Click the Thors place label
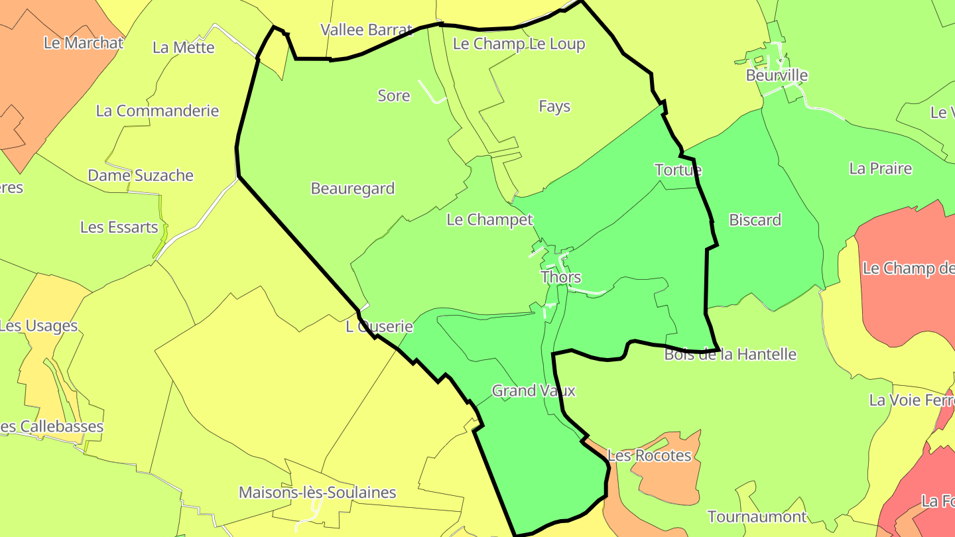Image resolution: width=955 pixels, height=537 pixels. coord(560,277)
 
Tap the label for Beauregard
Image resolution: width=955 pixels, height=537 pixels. coord(353,188)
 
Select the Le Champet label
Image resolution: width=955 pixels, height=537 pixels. coord(489,219)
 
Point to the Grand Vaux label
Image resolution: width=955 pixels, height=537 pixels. coord(533,390)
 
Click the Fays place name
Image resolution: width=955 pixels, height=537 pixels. coord(554,106)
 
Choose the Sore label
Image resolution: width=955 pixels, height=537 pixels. coord(394,95)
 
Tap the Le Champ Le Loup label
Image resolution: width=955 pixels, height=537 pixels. coord(519,44)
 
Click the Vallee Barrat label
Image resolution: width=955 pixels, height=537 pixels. coord(367,30)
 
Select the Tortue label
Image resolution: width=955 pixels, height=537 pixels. coord(678,170)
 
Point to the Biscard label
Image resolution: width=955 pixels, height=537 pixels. coord(755,219)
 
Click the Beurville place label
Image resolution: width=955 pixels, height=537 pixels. coord(777,75)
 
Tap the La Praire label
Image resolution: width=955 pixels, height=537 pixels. coord(880,168)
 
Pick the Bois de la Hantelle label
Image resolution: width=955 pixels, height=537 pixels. coord(730,354)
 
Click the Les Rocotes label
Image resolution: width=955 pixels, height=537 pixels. coord(649,455)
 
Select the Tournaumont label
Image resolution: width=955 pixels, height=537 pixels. coord(757,516)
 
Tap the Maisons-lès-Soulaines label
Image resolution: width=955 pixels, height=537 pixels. coord(317,493)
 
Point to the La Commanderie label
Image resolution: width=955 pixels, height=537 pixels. coord(157,111)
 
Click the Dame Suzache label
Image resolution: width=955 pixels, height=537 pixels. coord(141,176)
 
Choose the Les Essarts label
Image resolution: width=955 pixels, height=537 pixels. coord(119,227)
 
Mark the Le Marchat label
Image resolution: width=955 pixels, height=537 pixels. coord(84,43)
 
